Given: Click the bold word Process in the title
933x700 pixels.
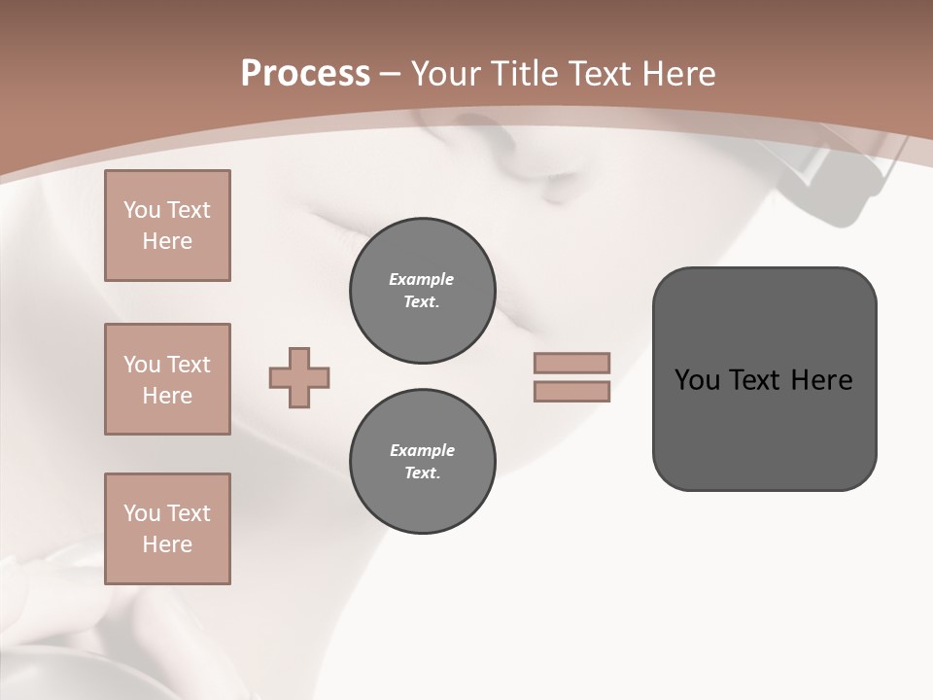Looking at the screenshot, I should coord(305,74).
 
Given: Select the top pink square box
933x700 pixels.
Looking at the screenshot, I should coord(167,226).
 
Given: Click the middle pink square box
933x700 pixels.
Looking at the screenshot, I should coord(167,379).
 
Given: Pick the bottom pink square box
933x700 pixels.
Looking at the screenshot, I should coord(167,529).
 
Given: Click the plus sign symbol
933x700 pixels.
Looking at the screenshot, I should coord(299,377).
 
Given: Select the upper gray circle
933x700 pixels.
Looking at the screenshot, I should coord(422,291).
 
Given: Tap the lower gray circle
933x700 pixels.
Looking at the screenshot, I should coord(422,462).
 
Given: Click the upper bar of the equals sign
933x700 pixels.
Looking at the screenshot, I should coord(571,364).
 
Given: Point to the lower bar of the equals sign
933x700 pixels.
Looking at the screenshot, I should coord(571,391).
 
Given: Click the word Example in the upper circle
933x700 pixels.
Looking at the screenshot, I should coord(422,279).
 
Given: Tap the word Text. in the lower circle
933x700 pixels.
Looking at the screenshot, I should coord(422,473).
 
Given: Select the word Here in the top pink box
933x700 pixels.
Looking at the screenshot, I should coord(167,241).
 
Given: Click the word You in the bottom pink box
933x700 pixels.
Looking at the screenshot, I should coord(142,513).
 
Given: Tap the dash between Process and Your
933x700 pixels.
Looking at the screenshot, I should coord(390,74).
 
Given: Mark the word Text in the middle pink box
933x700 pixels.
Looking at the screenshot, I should coord(188,365).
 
